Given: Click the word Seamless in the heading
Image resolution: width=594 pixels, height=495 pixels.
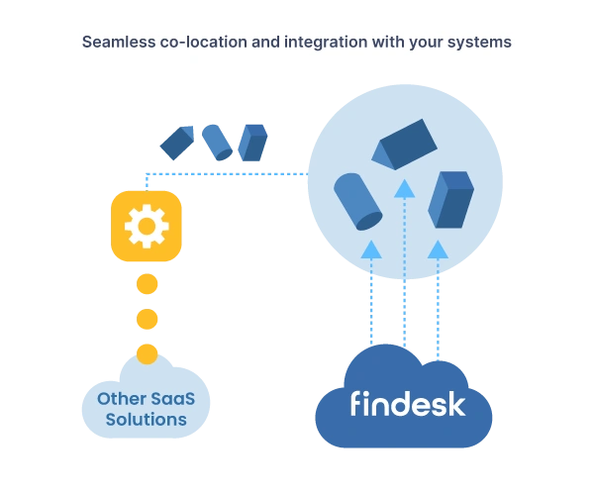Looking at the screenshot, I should click(x=118, y=43).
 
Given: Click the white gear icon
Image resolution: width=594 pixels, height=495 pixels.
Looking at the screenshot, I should click(x=147, y=227).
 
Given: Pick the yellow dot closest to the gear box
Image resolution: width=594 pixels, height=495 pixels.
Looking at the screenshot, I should click(x=147, y=285).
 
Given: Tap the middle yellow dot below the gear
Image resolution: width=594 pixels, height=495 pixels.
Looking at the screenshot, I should click(x=147, y=320).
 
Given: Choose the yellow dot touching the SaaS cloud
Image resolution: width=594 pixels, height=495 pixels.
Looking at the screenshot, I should click(x=147, y=352).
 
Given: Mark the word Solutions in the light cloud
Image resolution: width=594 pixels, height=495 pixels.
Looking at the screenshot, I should click(x=147, y=420).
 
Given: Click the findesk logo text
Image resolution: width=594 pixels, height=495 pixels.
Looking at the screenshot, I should click(x=407, y=404).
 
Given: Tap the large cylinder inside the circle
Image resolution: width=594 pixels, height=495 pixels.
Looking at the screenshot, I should click(x=357, y=201).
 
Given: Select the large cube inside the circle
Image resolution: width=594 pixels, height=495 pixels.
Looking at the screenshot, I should click(x=450, y=199).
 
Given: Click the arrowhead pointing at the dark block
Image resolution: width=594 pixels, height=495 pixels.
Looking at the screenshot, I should click(x=404, y=188).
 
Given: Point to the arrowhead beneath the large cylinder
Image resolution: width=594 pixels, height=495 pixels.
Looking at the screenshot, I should click(x=370, y=249).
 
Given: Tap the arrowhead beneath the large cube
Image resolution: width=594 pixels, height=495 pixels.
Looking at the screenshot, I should click(x=438, y=249).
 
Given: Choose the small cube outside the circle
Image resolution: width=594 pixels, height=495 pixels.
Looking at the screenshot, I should click(x=253, y=142).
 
